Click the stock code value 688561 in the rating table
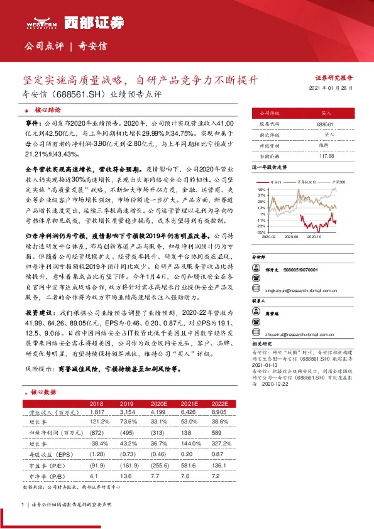(325, 125)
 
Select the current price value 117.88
(325, 155)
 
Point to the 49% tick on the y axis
(261, 188)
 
